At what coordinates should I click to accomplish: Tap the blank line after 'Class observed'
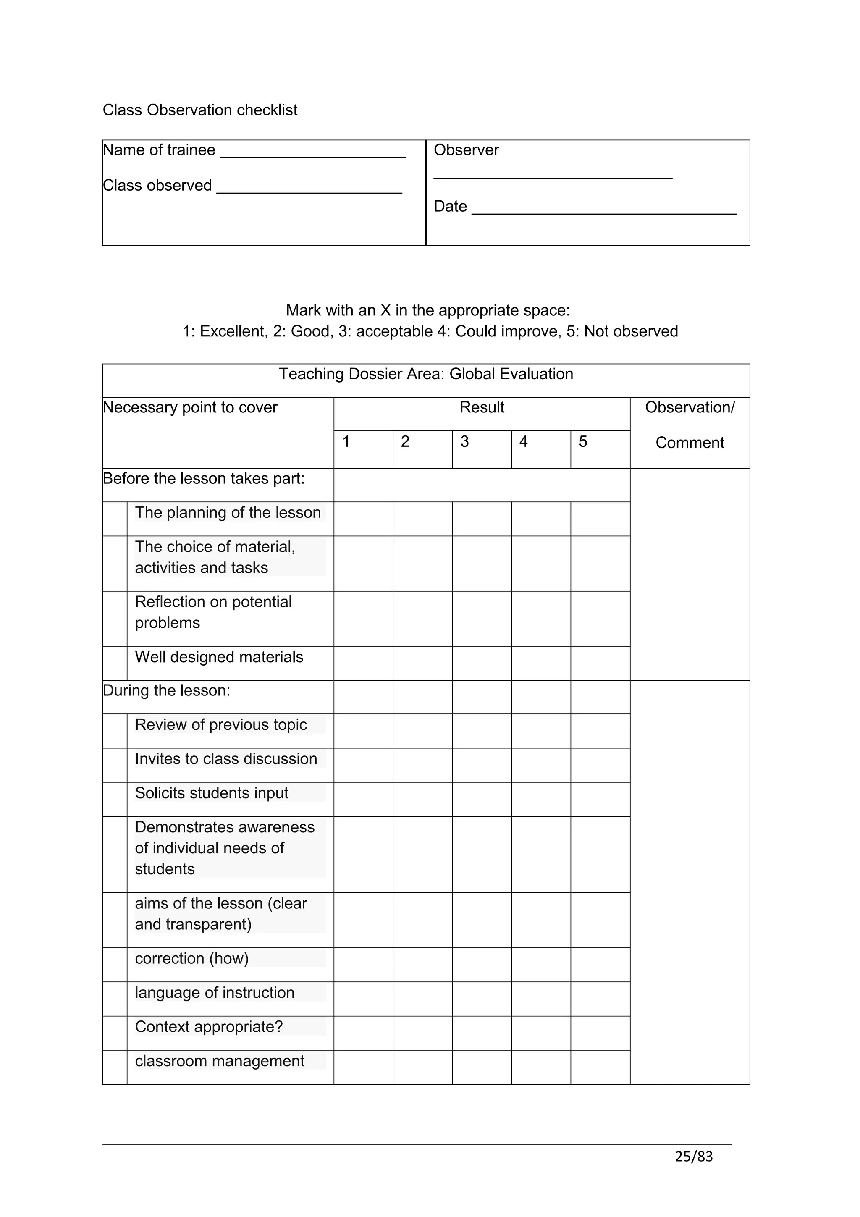pyautogui.click(x=309, y=189)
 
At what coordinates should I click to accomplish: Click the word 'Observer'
pyautogui.click(x=466, y=150)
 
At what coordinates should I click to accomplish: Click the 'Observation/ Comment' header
pyautogui.click(x=690, y=425)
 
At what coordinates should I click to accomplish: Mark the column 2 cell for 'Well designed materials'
pyautogui.click(x=422, y=663)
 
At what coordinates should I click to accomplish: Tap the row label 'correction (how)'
pyautogui.click(x=191, y=958)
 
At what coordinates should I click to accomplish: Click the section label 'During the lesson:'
pyautogui.click(x=166, y=691)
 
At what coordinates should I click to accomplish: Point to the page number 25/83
pyautogui.click(x=694, y=1157)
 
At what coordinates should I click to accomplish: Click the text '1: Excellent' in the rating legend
pyautogui.click(x=225, y=331)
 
